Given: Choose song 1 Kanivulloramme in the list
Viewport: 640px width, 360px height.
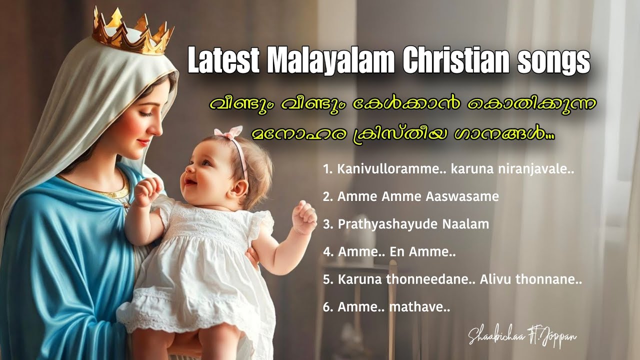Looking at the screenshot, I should tap(448, 169).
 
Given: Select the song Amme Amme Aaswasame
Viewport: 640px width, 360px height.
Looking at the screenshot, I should tap(411, 196).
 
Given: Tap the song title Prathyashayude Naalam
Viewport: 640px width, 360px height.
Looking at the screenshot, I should tap(406, 224).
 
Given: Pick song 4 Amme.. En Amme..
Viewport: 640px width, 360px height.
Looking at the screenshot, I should tap(389, 252).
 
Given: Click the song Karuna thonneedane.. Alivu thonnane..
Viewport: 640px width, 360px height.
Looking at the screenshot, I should tap(452, 280).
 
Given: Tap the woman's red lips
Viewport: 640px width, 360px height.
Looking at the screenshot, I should tap(142, 142).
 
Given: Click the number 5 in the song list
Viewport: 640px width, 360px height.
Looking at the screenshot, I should tap(328, 280).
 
